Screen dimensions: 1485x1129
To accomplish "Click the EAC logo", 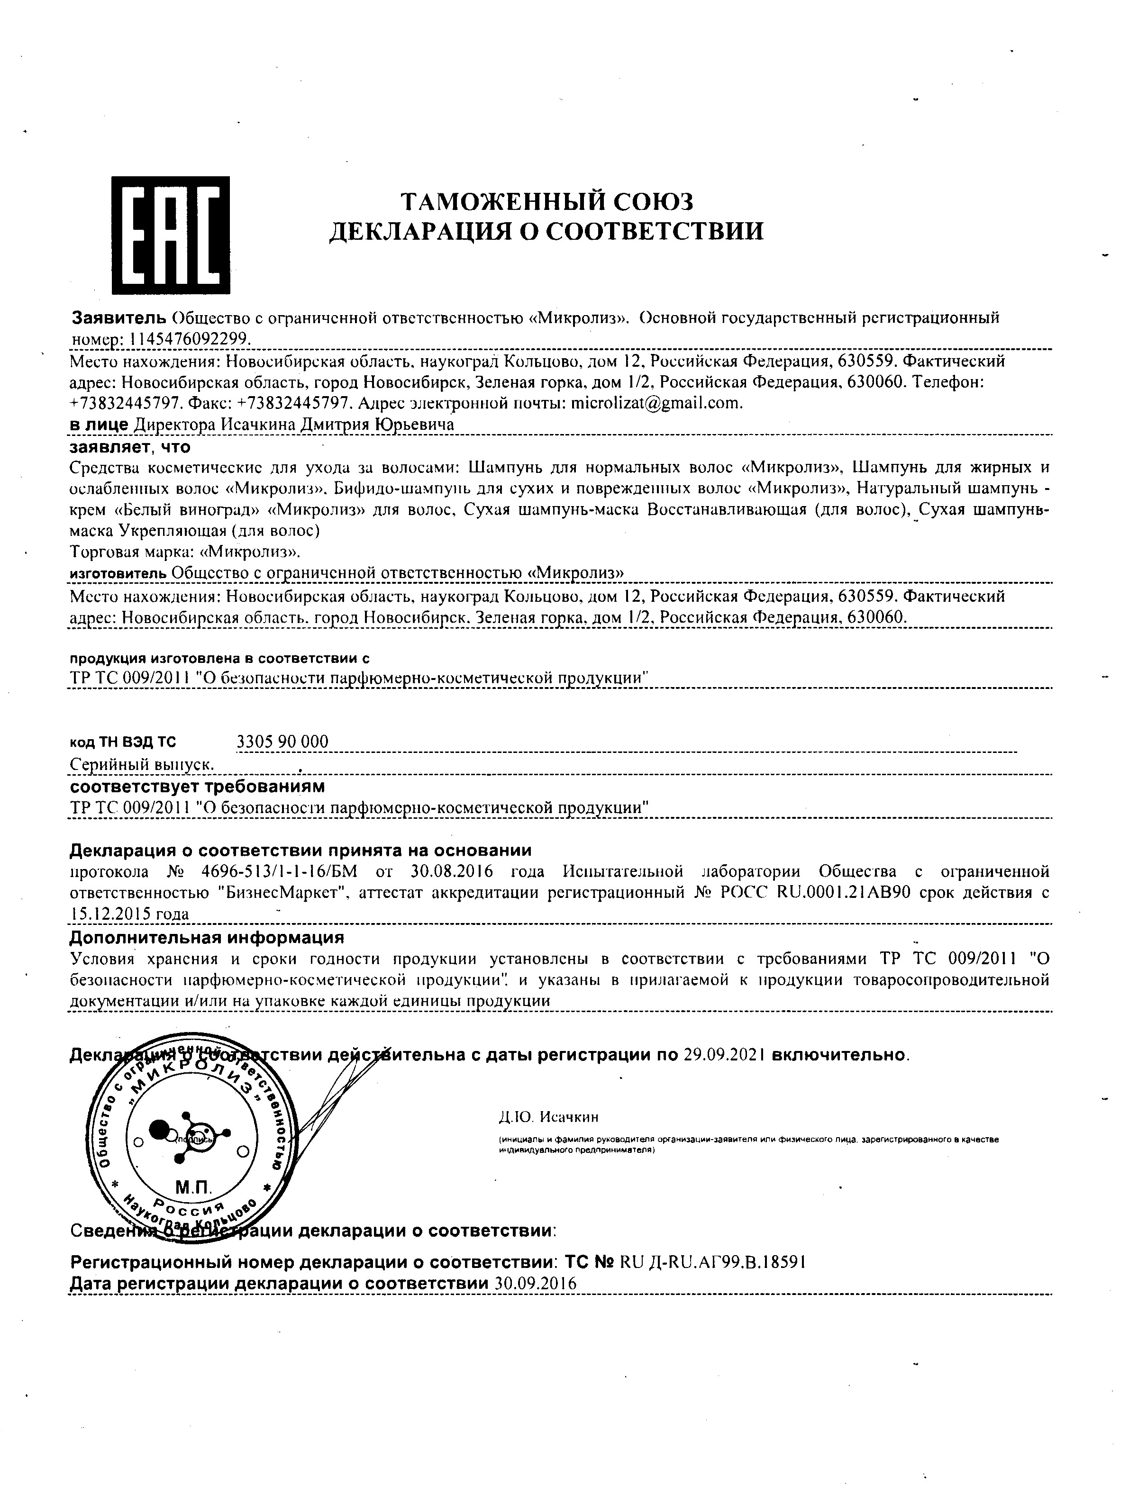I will [x=170, y=235].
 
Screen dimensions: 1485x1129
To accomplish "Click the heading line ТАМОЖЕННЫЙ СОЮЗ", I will [x=546, y=201].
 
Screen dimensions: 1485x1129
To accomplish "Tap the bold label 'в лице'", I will [x=99, y=425].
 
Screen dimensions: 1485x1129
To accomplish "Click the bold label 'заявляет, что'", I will [x=130, y=447].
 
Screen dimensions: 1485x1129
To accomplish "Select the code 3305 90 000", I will [x=283, y=742].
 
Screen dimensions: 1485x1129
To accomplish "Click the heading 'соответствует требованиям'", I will [x=198, y=786].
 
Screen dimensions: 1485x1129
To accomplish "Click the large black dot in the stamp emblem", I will [x=160, y=1131].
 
